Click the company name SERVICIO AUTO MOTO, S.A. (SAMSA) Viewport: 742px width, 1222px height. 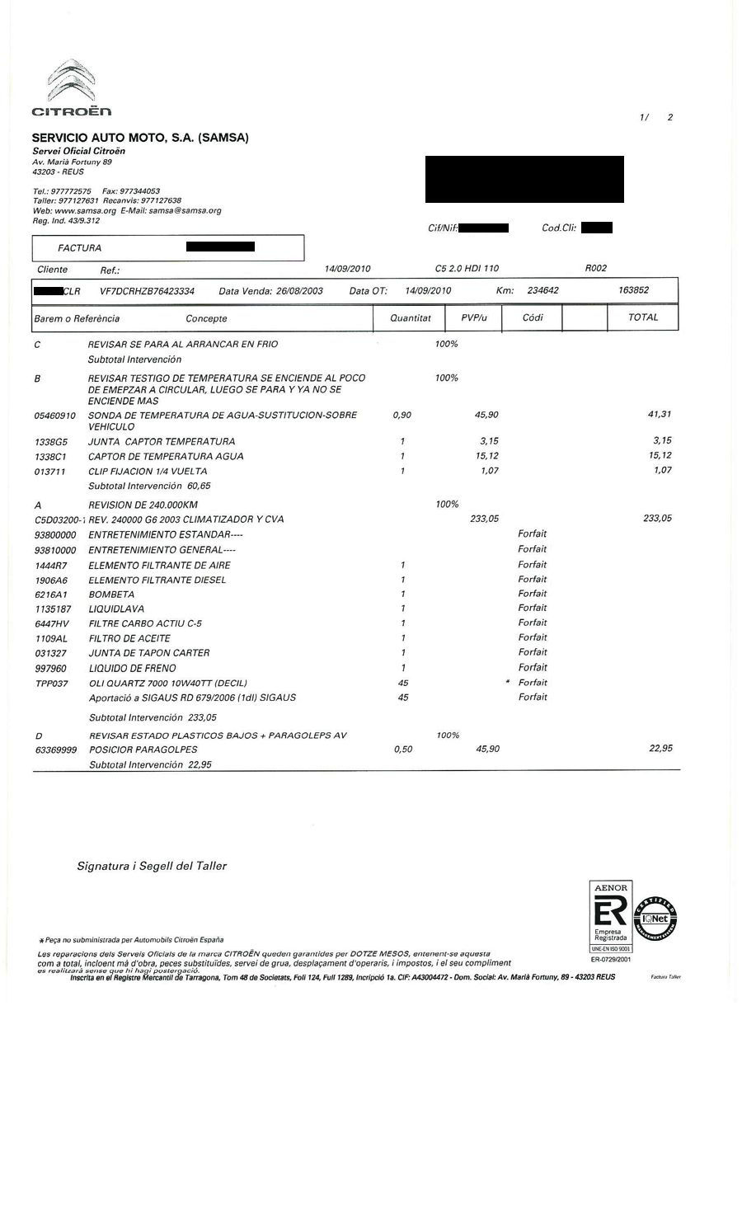[x=140, y=138]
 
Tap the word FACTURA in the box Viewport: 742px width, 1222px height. [x=80, y=247]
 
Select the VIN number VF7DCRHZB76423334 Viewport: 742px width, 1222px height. [x=147, y=291]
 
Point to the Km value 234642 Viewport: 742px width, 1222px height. [x=542, y=290]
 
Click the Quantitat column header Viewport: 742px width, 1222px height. [x=411, y=317]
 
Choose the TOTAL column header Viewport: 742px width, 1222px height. [x=643, y=317]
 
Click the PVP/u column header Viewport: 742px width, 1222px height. [x=473, y=317]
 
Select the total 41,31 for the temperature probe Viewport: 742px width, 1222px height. [x=660, y=415]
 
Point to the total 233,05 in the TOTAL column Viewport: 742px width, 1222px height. [x=656, y=519]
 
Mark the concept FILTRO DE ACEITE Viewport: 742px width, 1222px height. [x=129, y=638]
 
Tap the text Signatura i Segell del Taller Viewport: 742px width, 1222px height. [x=152, y=866]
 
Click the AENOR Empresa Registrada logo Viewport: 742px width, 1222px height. [x=610, y=917]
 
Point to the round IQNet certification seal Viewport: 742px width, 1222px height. [x=655, y=919]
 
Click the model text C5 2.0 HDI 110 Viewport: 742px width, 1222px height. [x=467, y=269]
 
